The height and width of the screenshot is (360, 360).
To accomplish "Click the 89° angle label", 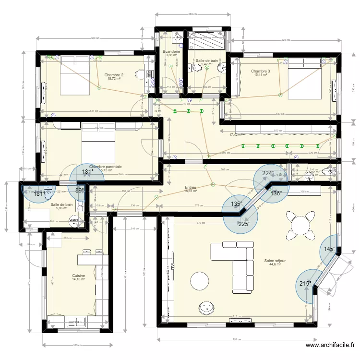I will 79,190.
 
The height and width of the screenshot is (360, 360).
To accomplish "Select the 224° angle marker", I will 268,174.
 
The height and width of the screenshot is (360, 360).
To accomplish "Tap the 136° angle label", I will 276,194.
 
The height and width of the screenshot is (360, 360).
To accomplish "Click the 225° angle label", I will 244,223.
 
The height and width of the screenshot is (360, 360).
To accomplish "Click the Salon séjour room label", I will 275,261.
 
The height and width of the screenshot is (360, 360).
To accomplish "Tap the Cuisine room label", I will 78,276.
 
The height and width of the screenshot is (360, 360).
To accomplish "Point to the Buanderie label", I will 171,51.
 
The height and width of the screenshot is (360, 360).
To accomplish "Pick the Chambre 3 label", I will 260,71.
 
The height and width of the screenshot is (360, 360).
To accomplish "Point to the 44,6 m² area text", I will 275,265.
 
